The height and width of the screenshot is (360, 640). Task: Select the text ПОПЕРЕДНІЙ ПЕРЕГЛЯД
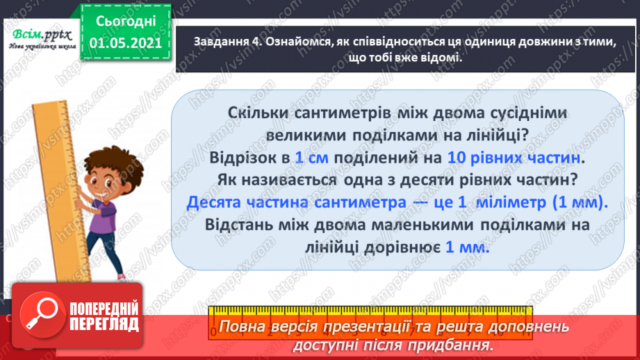101,317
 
